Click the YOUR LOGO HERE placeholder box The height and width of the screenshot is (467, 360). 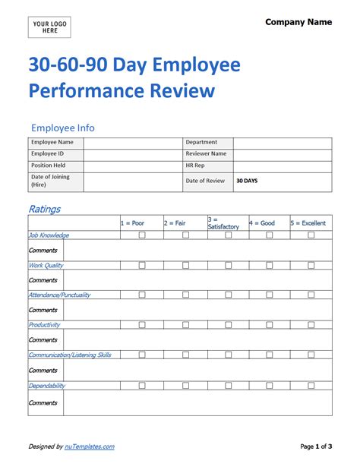click(50, 27)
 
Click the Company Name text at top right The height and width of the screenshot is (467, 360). click(298, 22)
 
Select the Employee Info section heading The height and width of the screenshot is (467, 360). click(62, 128)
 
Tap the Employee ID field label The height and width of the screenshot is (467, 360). click(47, 153)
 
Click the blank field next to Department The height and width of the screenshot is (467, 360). click(282, 142)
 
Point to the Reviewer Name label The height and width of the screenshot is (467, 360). click(206, 153)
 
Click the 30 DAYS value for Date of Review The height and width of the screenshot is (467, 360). click(247, 181)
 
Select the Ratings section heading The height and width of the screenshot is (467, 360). click(44, 209)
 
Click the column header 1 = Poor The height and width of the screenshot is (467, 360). click(132, 223)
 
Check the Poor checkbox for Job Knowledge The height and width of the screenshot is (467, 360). click(142, 235)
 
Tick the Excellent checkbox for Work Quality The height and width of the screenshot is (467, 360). click(311, 265)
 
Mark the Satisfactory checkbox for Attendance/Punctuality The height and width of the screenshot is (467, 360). click(228, 295)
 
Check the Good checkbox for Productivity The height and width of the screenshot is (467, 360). click(270, 325)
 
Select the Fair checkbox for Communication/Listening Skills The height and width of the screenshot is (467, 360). click(185, 355)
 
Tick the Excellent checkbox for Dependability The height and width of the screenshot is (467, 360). click(311, 385)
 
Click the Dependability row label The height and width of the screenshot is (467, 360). click(47, 385)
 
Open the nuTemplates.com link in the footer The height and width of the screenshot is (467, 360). click(90, 446)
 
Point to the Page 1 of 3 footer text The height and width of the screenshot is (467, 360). click(316, 446)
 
